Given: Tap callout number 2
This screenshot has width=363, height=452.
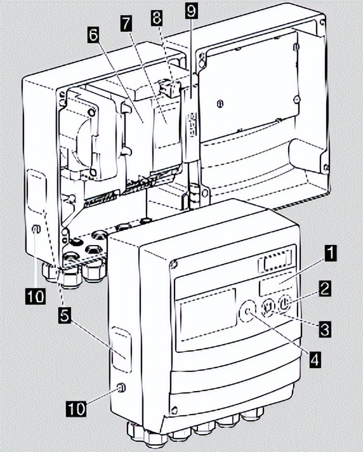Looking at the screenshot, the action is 324,289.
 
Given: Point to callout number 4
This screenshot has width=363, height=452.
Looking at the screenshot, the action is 315,359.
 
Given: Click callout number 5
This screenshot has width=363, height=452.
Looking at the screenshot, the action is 65,316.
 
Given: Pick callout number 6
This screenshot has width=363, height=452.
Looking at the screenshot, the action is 93,36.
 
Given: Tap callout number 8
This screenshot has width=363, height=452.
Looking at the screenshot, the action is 157,18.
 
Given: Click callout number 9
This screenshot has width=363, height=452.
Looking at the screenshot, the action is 191,10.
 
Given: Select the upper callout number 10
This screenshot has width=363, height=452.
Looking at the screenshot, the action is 36,296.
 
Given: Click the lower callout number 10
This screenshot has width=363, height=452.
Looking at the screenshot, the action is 77,408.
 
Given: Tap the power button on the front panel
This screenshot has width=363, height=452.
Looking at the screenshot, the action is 284,303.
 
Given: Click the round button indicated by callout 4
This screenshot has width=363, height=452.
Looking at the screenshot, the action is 247,311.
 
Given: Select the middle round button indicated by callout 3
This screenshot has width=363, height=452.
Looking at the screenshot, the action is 267,307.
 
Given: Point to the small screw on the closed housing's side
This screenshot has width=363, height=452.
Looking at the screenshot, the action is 121,387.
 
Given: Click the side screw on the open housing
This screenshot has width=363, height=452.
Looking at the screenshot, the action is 36,229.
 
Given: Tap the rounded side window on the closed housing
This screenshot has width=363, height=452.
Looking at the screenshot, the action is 122,349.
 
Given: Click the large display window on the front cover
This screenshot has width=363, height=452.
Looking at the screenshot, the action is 208,313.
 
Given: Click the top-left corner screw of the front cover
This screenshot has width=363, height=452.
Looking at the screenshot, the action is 173,263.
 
